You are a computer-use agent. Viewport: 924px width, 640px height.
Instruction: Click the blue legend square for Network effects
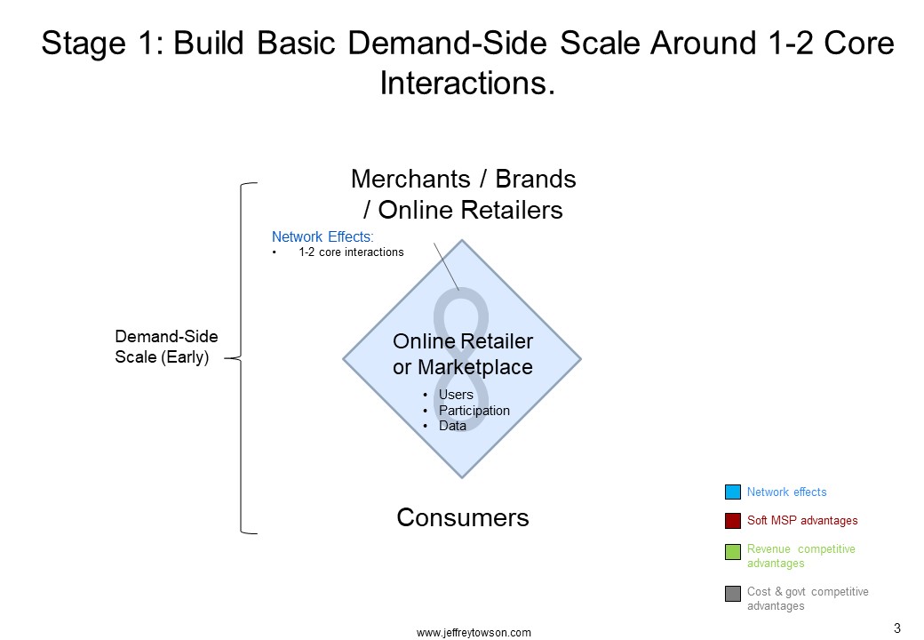(x=732, y=492)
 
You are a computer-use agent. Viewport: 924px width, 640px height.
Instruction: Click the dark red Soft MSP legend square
(x=732, y=521)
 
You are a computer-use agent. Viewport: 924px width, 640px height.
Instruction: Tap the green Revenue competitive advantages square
(x=732, y=552)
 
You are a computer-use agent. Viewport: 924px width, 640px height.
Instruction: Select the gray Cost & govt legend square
(x=732, y=594)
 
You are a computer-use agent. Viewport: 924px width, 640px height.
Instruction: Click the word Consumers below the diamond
(x=463, y=517)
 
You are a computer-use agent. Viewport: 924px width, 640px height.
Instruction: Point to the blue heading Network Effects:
(x=323, y=237)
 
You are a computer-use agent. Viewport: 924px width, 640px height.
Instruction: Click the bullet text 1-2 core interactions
(x=351, y=252)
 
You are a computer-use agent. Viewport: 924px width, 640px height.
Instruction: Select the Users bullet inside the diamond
(x=456, y=395)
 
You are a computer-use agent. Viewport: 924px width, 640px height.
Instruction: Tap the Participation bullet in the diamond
(x=474, y=411)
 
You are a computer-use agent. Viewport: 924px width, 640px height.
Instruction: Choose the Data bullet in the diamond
(x=452, y=426)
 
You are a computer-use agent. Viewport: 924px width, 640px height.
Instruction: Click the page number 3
(x=896, y=628)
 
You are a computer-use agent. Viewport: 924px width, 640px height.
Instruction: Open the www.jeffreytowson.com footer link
(x=474, y=632)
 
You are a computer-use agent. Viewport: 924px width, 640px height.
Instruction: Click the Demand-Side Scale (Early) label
(x=166, y=347)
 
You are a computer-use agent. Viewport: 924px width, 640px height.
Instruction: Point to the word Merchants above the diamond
(x=410, y=179)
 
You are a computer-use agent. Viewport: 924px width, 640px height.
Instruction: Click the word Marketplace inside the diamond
(x=475, y=367)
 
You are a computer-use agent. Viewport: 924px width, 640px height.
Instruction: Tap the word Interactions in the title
(x=467, y=83)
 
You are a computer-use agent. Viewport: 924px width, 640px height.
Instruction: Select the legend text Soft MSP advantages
(x=802, y=520)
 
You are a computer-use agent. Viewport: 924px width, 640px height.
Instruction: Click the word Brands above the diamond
(x=535, y=179)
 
